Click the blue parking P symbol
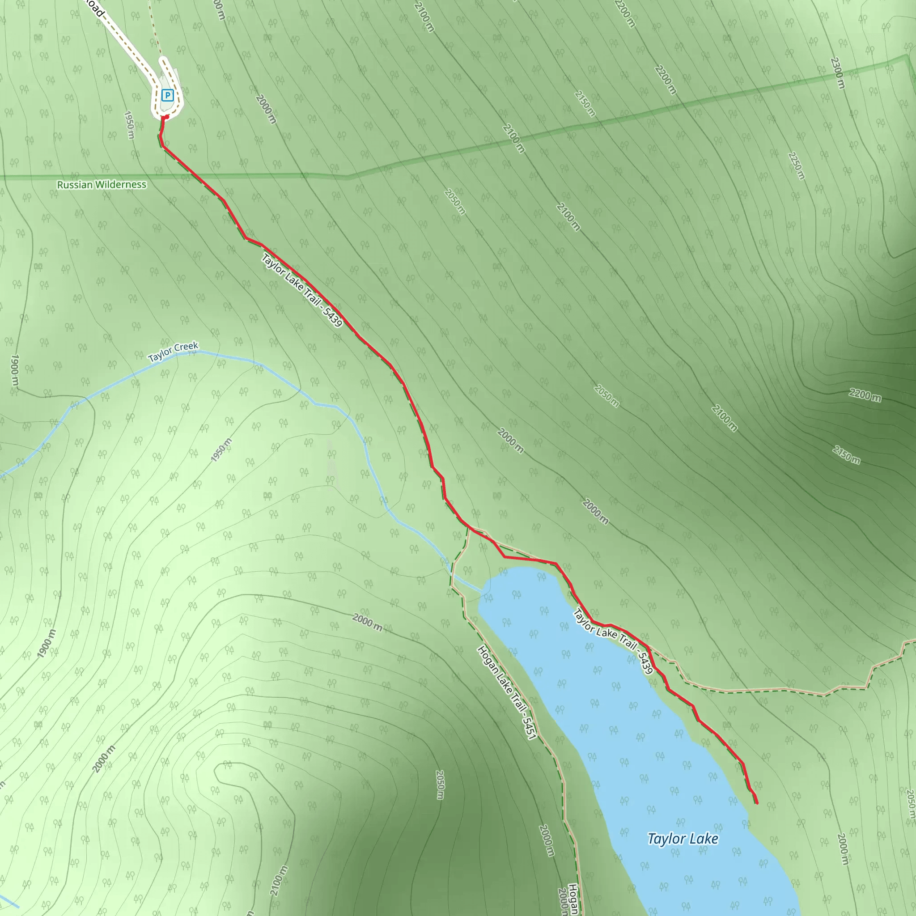point(167,95)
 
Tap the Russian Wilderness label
point(102,184)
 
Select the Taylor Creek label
point(173,352)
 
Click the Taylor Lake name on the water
point(683,839)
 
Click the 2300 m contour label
point(838,73)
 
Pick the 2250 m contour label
point(797,165)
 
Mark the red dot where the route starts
point(166,117)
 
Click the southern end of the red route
point(757,803)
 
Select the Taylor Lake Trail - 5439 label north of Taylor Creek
point(301,290)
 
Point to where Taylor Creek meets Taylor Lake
point(482,592)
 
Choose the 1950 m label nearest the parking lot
point(129,125)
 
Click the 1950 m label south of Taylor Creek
point(221,450)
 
